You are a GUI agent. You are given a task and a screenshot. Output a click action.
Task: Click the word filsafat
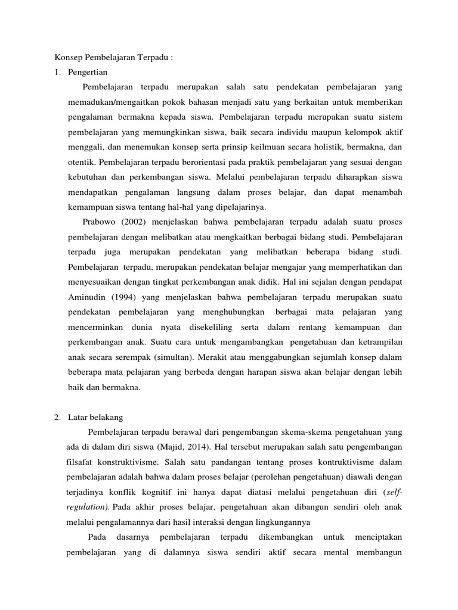coord(79,462)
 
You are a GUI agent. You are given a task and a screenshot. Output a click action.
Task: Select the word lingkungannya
coord(274,522)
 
